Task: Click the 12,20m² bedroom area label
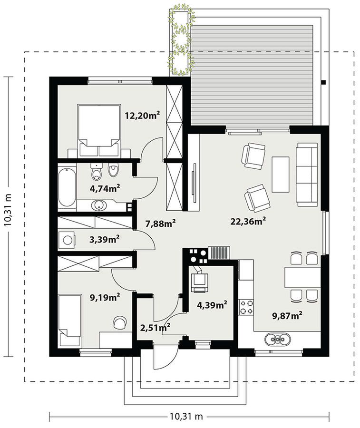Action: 142,116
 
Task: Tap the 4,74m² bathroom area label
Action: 105,188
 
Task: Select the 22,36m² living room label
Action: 248,221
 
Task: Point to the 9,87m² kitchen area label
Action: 287,316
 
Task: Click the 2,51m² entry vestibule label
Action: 156,327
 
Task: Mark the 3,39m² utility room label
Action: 104,239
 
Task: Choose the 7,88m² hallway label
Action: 160,224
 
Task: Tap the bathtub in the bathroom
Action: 67,187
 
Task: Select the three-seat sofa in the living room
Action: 307,174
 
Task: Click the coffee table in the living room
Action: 280,174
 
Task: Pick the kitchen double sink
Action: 278,339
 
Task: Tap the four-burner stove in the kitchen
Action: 246,307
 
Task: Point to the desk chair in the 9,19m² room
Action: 120,322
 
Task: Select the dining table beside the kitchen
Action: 302,278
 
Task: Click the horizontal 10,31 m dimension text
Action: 186,417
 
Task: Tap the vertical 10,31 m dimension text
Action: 9,210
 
